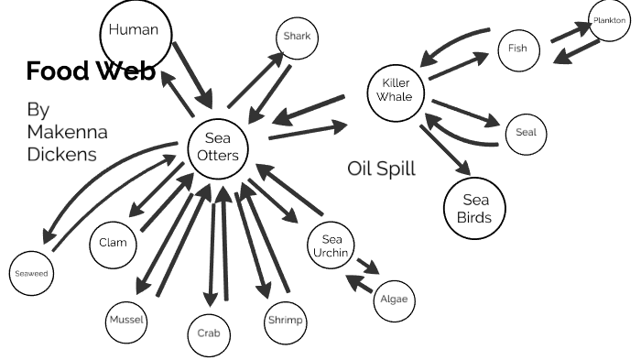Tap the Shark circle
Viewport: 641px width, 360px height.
pos(297,37)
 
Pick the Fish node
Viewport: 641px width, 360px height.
pos(519,47)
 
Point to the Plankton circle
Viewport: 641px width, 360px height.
pos(608,20)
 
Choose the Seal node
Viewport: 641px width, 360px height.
pos(526,132)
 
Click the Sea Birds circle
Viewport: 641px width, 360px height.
pos(474,209)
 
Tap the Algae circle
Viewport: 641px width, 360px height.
pos(394,300)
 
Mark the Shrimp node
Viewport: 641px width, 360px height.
pos(284,322)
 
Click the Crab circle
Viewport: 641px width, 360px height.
pos(209,334)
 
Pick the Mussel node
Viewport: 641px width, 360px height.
pos(127,321)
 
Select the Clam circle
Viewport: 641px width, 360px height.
pos(114,244)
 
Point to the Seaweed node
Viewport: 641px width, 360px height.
pos(30,274)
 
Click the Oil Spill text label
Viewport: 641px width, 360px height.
pos(381,169)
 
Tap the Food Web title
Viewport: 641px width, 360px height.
pos(91,71)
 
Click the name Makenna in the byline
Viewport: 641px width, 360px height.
pos(68,131)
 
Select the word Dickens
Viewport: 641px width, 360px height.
pos(62,154)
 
